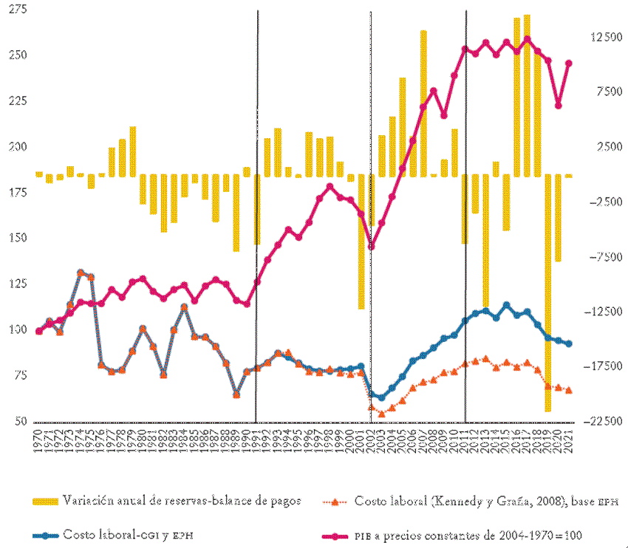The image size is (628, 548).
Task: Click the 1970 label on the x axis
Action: pos(38,441)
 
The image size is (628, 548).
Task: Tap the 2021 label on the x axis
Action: pos(569,441)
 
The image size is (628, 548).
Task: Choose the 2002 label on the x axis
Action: pos(371,441)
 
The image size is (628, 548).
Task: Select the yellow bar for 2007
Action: pos(423,103)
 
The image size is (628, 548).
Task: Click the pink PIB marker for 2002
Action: pos(371,247)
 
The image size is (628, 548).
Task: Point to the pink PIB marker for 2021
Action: pos(569,64)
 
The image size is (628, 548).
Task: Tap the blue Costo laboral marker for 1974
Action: pos(81,273)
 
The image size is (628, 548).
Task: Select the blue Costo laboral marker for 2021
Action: pos(569,344)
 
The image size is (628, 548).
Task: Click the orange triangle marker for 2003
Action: pos(381,414)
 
